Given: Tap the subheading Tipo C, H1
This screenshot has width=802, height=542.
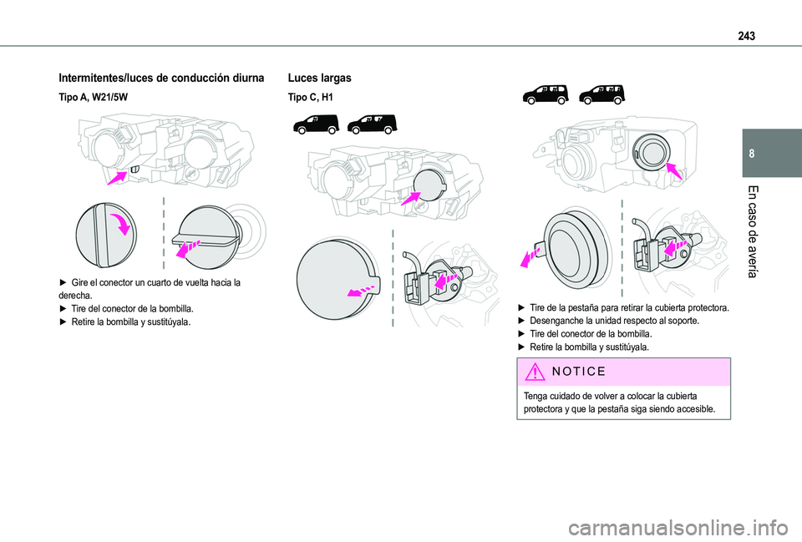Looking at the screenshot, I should pyautogui.click(x=310, y=98).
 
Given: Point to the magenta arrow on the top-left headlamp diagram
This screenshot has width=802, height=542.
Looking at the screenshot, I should pyautogui.click(x=118, y=175).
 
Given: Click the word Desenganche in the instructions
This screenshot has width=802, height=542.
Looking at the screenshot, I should pyautogui.click(x=559, y=321).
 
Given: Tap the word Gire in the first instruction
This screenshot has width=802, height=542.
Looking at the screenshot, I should pyautogui.click(x=81, y=283).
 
